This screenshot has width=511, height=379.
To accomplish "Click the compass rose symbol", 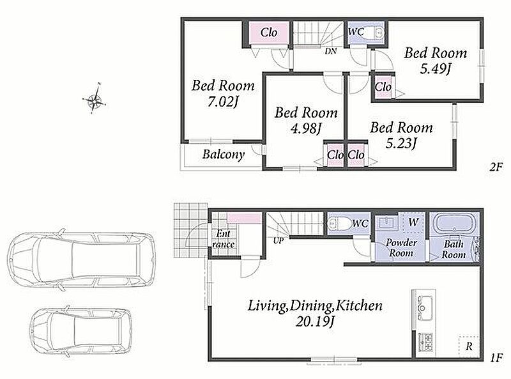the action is click(x=95, y=99).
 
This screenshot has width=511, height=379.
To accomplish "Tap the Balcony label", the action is click(x=223, y=154).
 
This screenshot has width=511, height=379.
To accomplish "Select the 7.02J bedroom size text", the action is click(x=223, y=102).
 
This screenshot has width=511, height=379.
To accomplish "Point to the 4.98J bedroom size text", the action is click(x=306, y=128).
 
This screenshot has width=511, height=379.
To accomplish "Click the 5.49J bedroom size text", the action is click(x=436, y=68).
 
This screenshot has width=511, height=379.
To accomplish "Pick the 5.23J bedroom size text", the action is click(x=401, y=143).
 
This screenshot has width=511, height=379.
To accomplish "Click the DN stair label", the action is click(x=330, y=51).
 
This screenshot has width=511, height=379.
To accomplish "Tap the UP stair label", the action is click(x=278, y=241).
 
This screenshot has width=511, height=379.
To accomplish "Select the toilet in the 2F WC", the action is click(x=378, y=33).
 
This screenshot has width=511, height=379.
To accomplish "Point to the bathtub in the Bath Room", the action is click(x=453, y=224).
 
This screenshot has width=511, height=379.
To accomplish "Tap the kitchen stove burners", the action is click(x=425, y=343).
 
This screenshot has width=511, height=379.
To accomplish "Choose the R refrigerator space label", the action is click(x=469, y=346).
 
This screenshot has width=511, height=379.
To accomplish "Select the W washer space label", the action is click(x=413, y=222).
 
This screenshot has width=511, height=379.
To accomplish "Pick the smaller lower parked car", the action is click(x=81, y=331).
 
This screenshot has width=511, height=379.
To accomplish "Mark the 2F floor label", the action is click(x=496, y=167).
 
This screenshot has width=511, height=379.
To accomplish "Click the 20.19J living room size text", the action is click(x=315, y=322).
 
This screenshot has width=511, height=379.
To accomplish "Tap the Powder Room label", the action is click(x=401, y=248).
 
